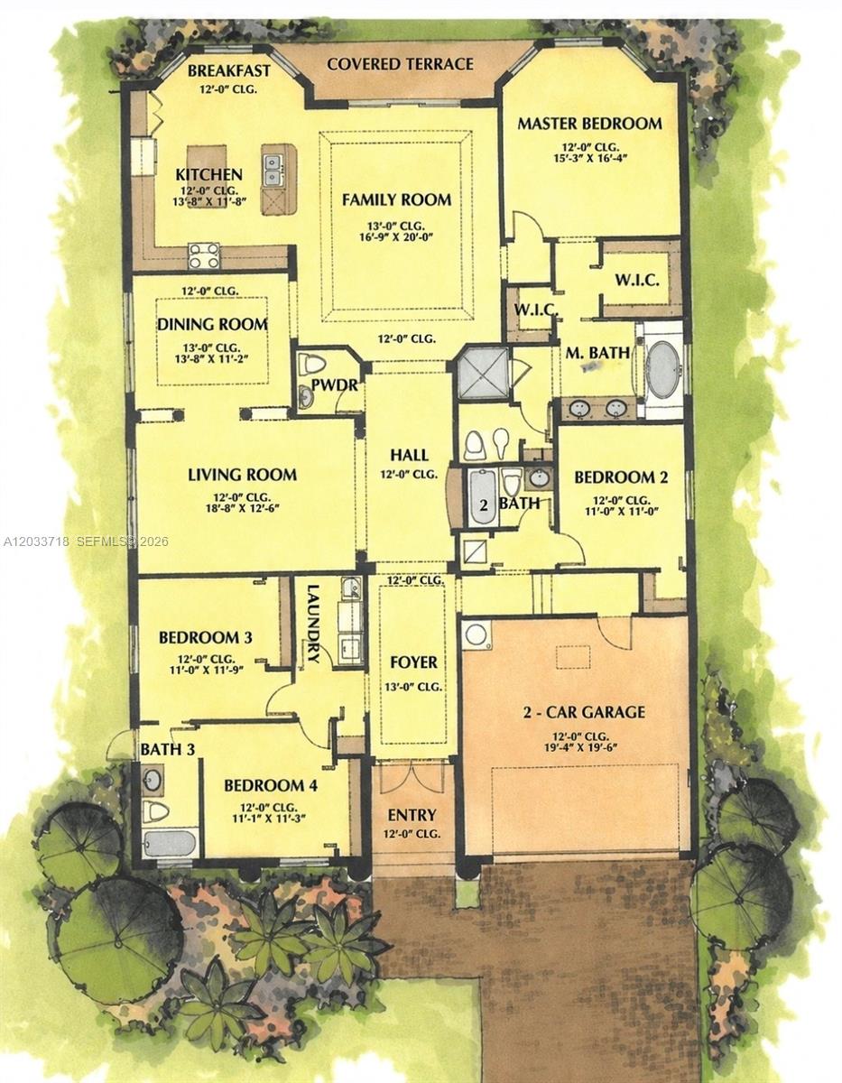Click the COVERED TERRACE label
click(x=400, y=64)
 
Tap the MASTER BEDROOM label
click(x=590, y=124)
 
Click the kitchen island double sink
click(x=272, y=170)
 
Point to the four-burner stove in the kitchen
click(x=203, y=255)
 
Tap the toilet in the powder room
click(x=311, y=364)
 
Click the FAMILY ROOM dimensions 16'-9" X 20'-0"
click(x=396, y=236)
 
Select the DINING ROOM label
click(x=213, y=325)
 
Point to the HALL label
click(x=409, y=455)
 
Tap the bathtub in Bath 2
click(x=482, y=497)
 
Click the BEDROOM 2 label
click(x=621, y=477)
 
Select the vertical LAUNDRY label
click(x=313, y=624)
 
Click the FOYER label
click(x=413, y=662)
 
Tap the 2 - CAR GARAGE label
click(x=584, y=712)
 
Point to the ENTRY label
click(x=412, y=815)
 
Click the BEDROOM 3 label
click(x=205, y=637)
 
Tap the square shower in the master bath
click(x=483, y=374)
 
